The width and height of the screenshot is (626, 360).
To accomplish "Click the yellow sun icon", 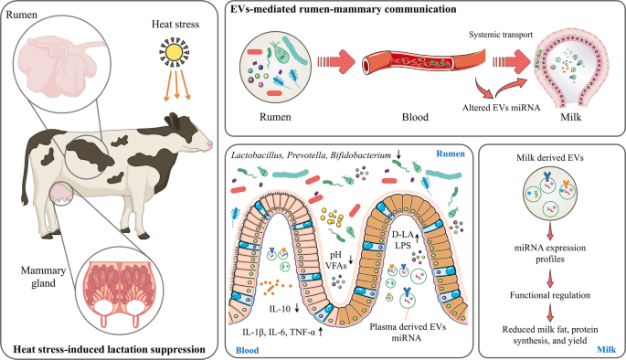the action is pos(174,52).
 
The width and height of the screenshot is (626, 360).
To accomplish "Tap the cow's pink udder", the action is pos(60,193).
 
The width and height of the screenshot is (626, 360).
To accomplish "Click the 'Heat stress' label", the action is pos(175,25).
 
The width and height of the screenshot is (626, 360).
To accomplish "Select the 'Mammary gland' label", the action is pos(43,277).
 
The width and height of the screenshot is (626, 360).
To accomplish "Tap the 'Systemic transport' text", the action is pos(501,35).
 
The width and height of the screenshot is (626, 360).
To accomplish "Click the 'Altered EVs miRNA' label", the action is pos(501,108).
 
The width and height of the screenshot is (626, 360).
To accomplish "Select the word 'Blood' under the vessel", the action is pos(415,117).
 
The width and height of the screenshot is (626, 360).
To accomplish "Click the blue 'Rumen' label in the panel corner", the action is pos(451,154).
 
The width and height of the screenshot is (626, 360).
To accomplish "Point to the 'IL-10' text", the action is pos(280,309).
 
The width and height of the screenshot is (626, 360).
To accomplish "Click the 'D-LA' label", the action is pos(402,234).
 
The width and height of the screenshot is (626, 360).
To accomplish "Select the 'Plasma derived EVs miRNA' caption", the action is pos(408,332).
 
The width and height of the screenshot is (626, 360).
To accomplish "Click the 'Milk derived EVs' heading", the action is pos(550,158).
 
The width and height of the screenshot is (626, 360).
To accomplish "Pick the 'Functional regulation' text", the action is pos(550,295).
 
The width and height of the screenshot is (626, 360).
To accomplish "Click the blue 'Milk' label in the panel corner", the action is pos(607,350).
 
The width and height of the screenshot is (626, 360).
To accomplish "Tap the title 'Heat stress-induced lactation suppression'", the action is pos(110,350).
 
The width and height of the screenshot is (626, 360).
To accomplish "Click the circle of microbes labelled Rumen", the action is pos(275,67).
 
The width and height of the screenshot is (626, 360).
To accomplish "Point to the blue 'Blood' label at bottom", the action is pos(247,351).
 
